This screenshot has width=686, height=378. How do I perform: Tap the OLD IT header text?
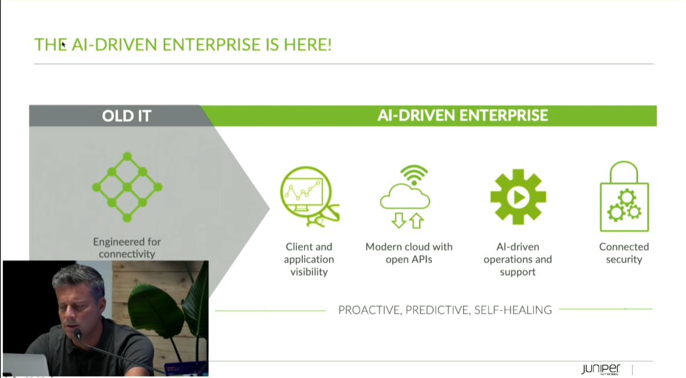[126, 116]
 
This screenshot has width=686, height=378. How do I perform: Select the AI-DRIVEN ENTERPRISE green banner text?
[462, 116]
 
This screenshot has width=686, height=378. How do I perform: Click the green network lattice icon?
[127, 187]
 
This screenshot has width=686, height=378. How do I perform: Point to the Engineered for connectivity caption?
[127, 248]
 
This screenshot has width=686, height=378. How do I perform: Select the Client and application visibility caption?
[309, 259]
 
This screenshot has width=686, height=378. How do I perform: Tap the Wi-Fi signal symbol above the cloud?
[414, 175]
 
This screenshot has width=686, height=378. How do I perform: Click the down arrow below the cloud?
[398, 220]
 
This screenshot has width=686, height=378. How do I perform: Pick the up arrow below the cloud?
[416, 221]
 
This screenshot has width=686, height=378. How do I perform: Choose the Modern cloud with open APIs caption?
[409, 253]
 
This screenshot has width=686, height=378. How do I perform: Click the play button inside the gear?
[518, 197]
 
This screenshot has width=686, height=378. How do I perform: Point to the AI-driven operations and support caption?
[518, 259]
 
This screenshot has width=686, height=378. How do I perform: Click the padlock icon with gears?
[624, 197]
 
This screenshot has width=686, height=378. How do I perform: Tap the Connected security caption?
[624, 253]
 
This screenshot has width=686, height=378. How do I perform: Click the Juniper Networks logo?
[601, 369]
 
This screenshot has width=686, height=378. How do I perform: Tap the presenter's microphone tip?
[78, 335]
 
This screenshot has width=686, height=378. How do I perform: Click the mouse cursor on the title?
[63, 45]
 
